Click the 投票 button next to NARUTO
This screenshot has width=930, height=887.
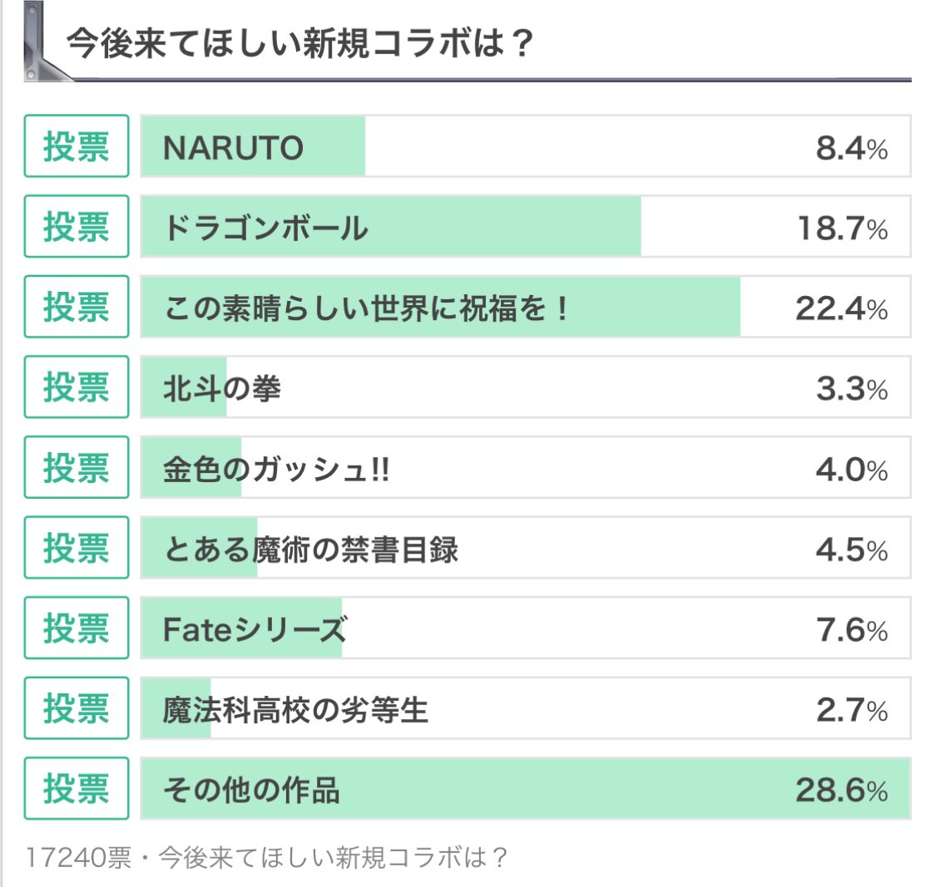click(77, 146)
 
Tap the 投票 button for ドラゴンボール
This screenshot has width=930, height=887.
click(77, 226)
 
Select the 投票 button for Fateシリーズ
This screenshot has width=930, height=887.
click(77, 628)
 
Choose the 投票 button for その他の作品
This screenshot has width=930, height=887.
click(77, 788)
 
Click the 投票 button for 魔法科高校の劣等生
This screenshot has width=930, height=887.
click(77, 708)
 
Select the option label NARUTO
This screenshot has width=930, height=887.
click(234, 148)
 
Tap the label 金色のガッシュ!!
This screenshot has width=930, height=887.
click(277, 470)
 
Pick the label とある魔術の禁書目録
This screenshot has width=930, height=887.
click(310, 549)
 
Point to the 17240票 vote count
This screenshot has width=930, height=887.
click(79, 857)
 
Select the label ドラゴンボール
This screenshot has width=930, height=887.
click(265, 228)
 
